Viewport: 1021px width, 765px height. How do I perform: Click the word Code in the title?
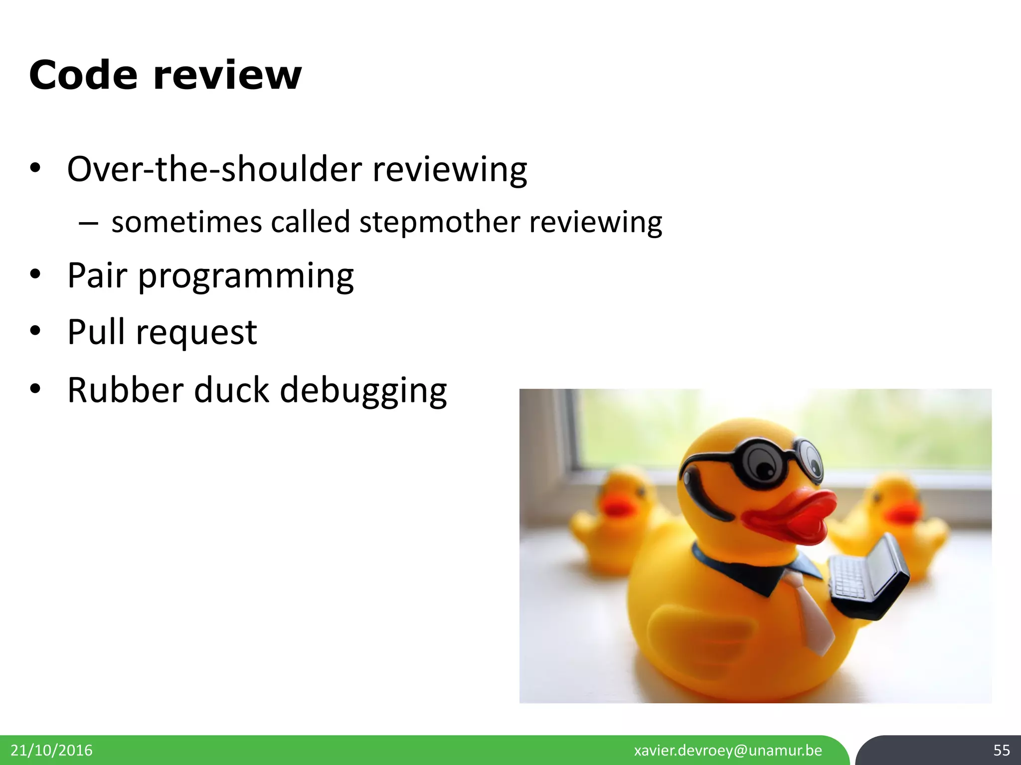(x=83, y=75)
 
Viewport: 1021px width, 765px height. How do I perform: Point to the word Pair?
(x=97, y=275)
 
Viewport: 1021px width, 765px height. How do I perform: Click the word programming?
(x=246, y=277)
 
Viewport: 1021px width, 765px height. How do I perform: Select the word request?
(x=196, y=334)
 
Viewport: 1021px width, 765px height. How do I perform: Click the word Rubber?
(x=125, y=390)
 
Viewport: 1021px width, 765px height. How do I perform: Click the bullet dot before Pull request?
(x=34, y=331)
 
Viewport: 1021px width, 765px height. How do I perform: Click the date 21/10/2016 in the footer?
(x=51, y=750)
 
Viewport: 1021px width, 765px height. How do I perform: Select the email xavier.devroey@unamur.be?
(x=728, y=750)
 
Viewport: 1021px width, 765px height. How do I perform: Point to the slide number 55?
(x=1001, y=750)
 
